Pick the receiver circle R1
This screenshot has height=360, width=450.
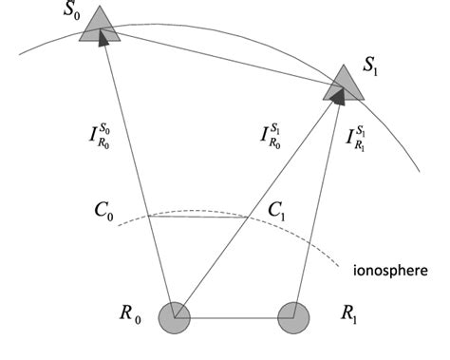[x=293, y=315]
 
